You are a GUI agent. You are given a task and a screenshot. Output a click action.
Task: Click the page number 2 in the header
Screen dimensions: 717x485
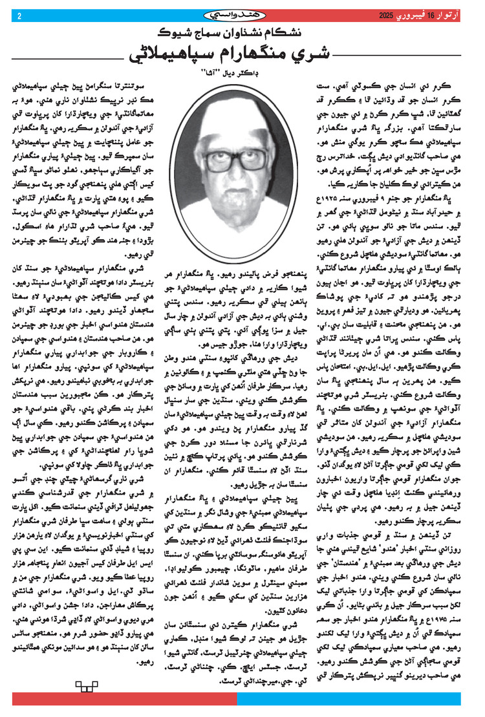click(x=19, y=16)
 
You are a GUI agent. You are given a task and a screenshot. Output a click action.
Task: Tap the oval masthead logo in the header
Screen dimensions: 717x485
click(x=242, y=14)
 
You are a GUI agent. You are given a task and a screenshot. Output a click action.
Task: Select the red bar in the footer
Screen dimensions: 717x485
click(x=123, y=700)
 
